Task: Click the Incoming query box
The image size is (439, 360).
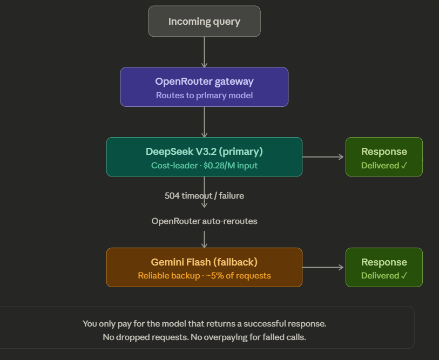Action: [x=204, y=22]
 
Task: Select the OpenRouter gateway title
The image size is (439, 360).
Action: [x=204, y=81]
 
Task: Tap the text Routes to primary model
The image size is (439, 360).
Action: [x=204, y=96]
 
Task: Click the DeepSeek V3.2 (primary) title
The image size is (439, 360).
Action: [x=204, y=152]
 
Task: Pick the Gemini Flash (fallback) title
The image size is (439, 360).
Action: [x=204, y=262]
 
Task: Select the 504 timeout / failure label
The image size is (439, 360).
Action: [x=204, y=195]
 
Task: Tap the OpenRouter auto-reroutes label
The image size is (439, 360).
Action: [x=204, y=221]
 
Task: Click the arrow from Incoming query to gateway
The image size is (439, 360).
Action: [x=204, y=52]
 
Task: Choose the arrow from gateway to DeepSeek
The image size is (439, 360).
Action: [x=204, y=122]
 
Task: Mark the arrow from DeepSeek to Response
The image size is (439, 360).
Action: [x=323, y=157]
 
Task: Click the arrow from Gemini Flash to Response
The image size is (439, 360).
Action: [x=323, y=267]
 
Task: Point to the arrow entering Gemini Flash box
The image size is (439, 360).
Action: [x=204, y=239]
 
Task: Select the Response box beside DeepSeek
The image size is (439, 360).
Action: [x=384, y=157]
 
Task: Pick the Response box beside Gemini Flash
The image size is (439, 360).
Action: [x=384, y=267]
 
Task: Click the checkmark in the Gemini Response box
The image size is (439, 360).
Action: [x=404, y=276]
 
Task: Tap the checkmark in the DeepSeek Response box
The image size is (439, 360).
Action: [x=404, y=166]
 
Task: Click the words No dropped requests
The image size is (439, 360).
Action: [x=137, y=337]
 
